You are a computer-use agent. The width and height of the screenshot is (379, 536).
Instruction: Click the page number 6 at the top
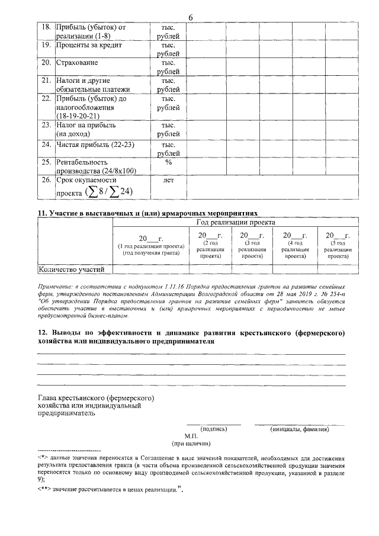(x=191, y=17)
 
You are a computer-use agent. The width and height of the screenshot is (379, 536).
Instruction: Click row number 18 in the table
(x=45, y=27)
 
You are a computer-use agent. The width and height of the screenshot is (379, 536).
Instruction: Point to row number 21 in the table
(x=45, y=80)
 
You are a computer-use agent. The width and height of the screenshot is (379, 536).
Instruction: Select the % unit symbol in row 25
(x=169, y=162)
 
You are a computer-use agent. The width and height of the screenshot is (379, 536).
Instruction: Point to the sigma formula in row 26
(x=110, y=191)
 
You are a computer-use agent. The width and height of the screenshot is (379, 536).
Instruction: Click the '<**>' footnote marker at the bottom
(x=43, y=489)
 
